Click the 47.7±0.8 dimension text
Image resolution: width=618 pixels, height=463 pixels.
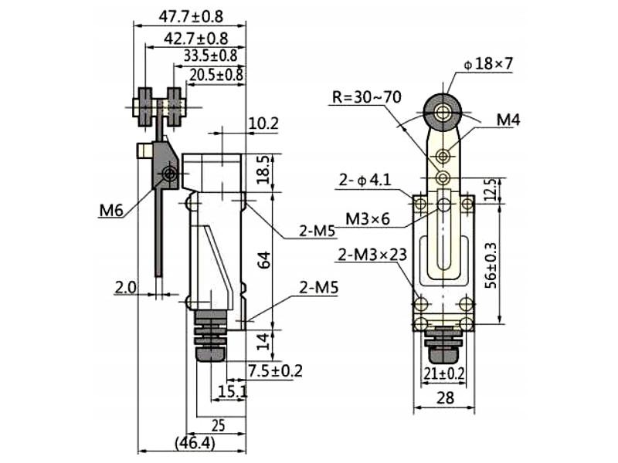tap(191, 16)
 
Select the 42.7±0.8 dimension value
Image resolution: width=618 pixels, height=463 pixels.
tap(196, 39)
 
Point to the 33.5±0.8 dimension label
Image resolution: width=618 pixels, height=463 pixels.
tap(210, 56)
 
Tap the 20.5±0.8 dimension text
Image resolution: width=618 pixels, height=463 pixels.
tap(216, 75)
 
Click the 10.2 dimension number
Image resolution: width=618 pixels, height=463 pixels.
tap(263, 123)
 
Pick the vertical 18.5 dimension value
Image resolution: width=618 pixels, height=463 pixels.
tap(263, 170)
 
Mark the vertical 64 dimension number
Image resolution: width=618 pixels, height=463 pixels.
tap(263, 260)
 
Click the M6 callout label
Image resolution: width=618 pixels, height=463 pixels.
tap(111, 211)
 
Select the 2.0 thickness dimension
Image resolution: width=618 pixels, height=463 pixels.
tap(125, 287)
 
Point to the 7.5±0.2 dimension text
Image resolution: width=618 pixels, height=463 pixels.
tap(275, 370)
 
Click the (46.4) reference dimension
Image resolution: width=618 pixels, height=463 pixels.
tap(195, 443)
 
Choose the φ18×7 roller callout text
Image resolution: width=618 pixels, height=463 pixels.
tap(489, 64)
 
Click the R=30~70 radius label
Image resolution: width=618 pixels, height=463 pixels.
tap(367, 97)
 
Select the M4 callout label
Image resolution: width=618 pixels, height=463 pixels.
tap(508, 120)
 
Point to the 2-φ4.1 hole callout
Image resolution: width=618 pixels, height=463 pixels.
tap(365, 181)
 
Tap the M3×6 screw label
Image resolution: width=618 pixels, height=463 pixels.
tap(368, 219)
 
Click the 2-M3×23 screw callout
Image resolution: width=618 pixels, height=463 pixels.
tap(372, 255)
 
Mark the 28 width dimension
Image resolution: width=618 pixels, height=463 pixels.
tap(445, 398)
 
